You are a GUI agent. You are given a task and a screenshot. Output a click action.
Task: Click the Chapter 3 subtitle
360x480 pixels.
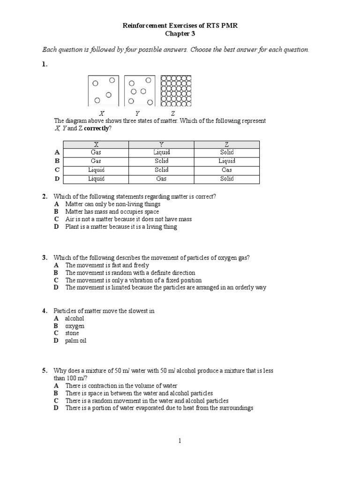[x=180, y=34]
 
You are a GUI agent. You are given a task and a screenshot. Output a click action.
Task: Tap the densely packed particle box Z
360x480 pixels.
[x=176, y=90]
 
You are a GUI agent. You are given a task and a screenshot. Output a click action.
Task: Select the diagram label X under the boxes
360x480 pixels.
[x=101, y=113]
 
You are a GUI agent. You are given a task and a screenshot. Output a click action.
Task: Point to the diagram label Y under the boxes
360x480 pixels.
[x=137, y=113]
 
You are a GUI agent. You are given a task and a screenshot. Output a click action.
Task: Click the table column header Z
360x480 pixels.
[x=227, y=144]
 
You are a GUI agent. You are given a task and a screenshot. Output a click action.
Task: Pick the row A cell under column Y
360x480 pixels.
[x=161, y=152]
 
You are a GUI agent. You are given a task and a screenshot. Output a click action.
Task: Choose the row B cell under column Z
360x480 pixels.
[x=227, y=161]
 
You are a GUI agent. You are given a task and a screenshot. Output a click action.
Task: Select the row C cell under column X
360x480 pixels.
[x=96, y=170]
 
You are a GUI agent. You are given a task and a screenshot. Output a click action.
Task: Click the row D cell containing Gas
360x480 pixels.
[x=161, y=179]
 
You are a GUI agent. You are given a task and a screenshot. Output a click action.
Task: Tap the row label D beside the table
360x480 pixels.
[x=57, y=179]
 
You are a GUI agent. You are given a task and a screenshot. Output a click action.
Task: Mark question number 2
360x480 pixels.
[x=45, y=196]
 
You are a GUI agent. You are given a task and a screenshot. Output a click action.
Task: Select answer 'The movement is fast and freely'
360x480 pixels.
[x=107, y=265]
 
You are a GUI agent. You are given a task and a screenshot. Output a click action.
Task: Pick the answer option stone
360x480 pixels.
[x=72, y=333]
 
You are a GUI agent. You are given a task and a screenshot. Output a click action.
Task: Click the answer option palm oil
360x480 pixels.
[x=76, y=341]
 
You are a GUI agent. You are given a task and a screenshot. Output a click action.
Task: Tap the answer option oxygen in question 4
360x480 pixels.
[x=75, y=325]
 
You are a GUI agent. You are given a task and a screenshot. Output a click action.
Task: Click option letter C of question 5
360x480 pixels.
[x=56, y=401]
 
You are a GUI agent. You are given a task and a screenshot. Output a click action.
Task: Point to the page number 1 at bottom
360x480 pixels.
[x=180, y=441]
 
